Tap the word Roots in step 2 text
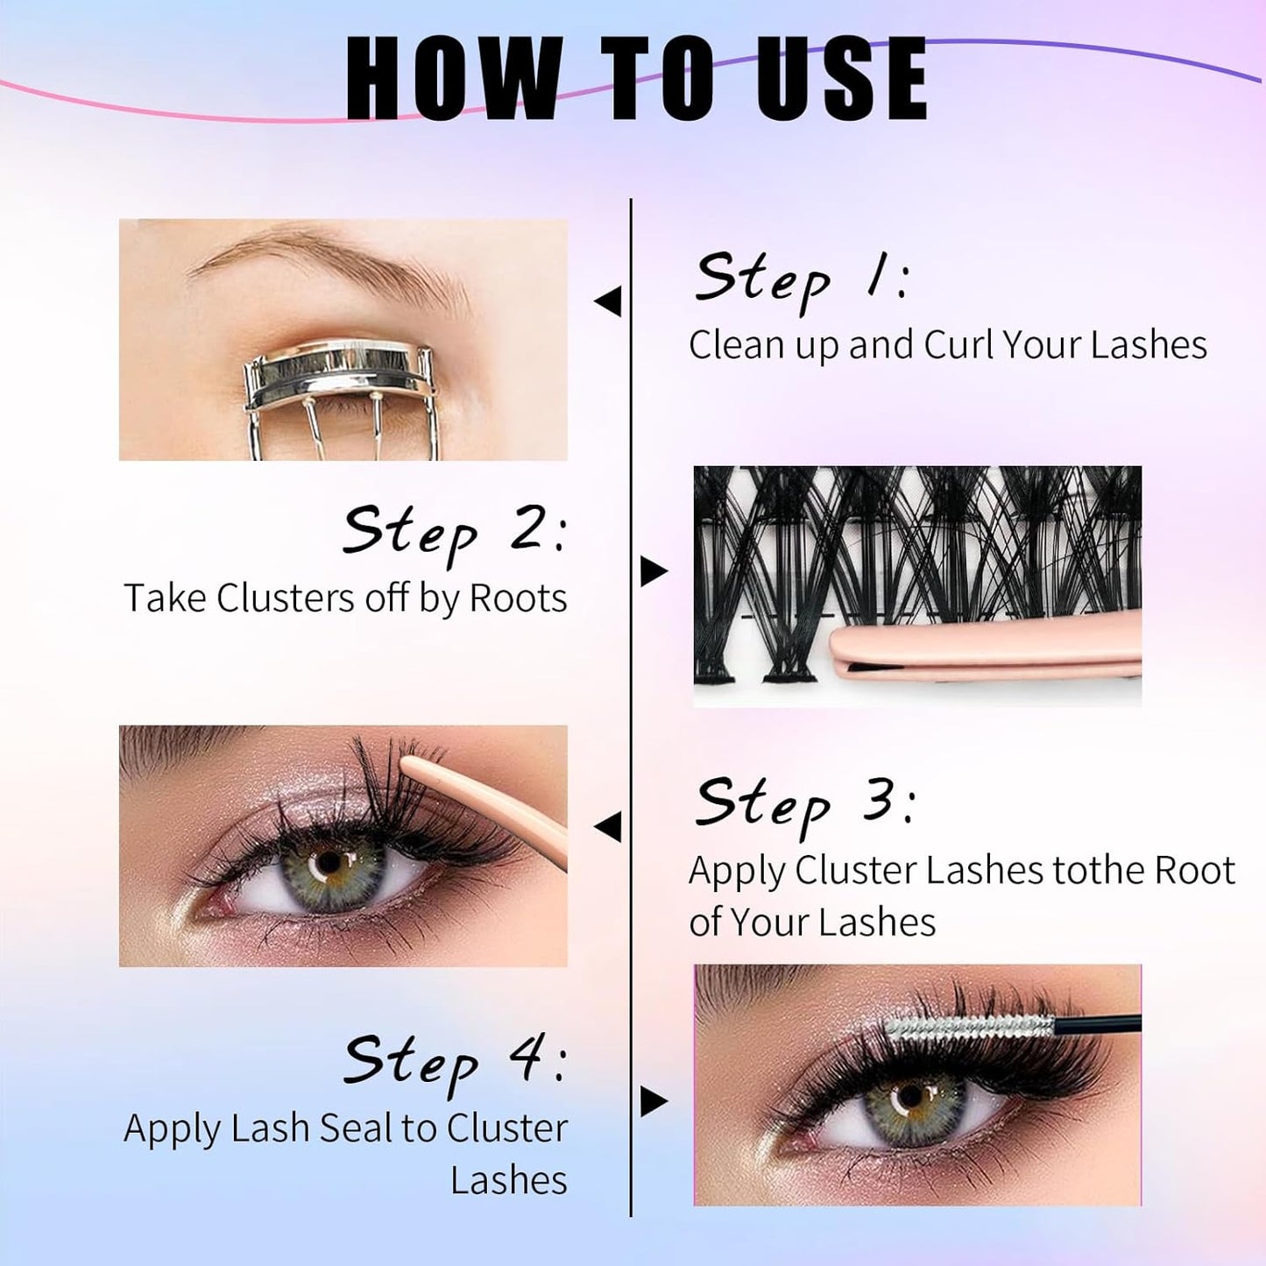(518, 599)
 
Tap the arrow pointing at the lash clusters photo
(654, 571)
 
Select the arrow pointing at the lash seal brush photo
(654, 1101)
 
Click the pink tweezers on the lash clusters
(981, 653)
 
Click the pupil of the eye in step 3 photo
(330, 863)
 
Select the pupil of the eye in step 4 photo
(911, 1096)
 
